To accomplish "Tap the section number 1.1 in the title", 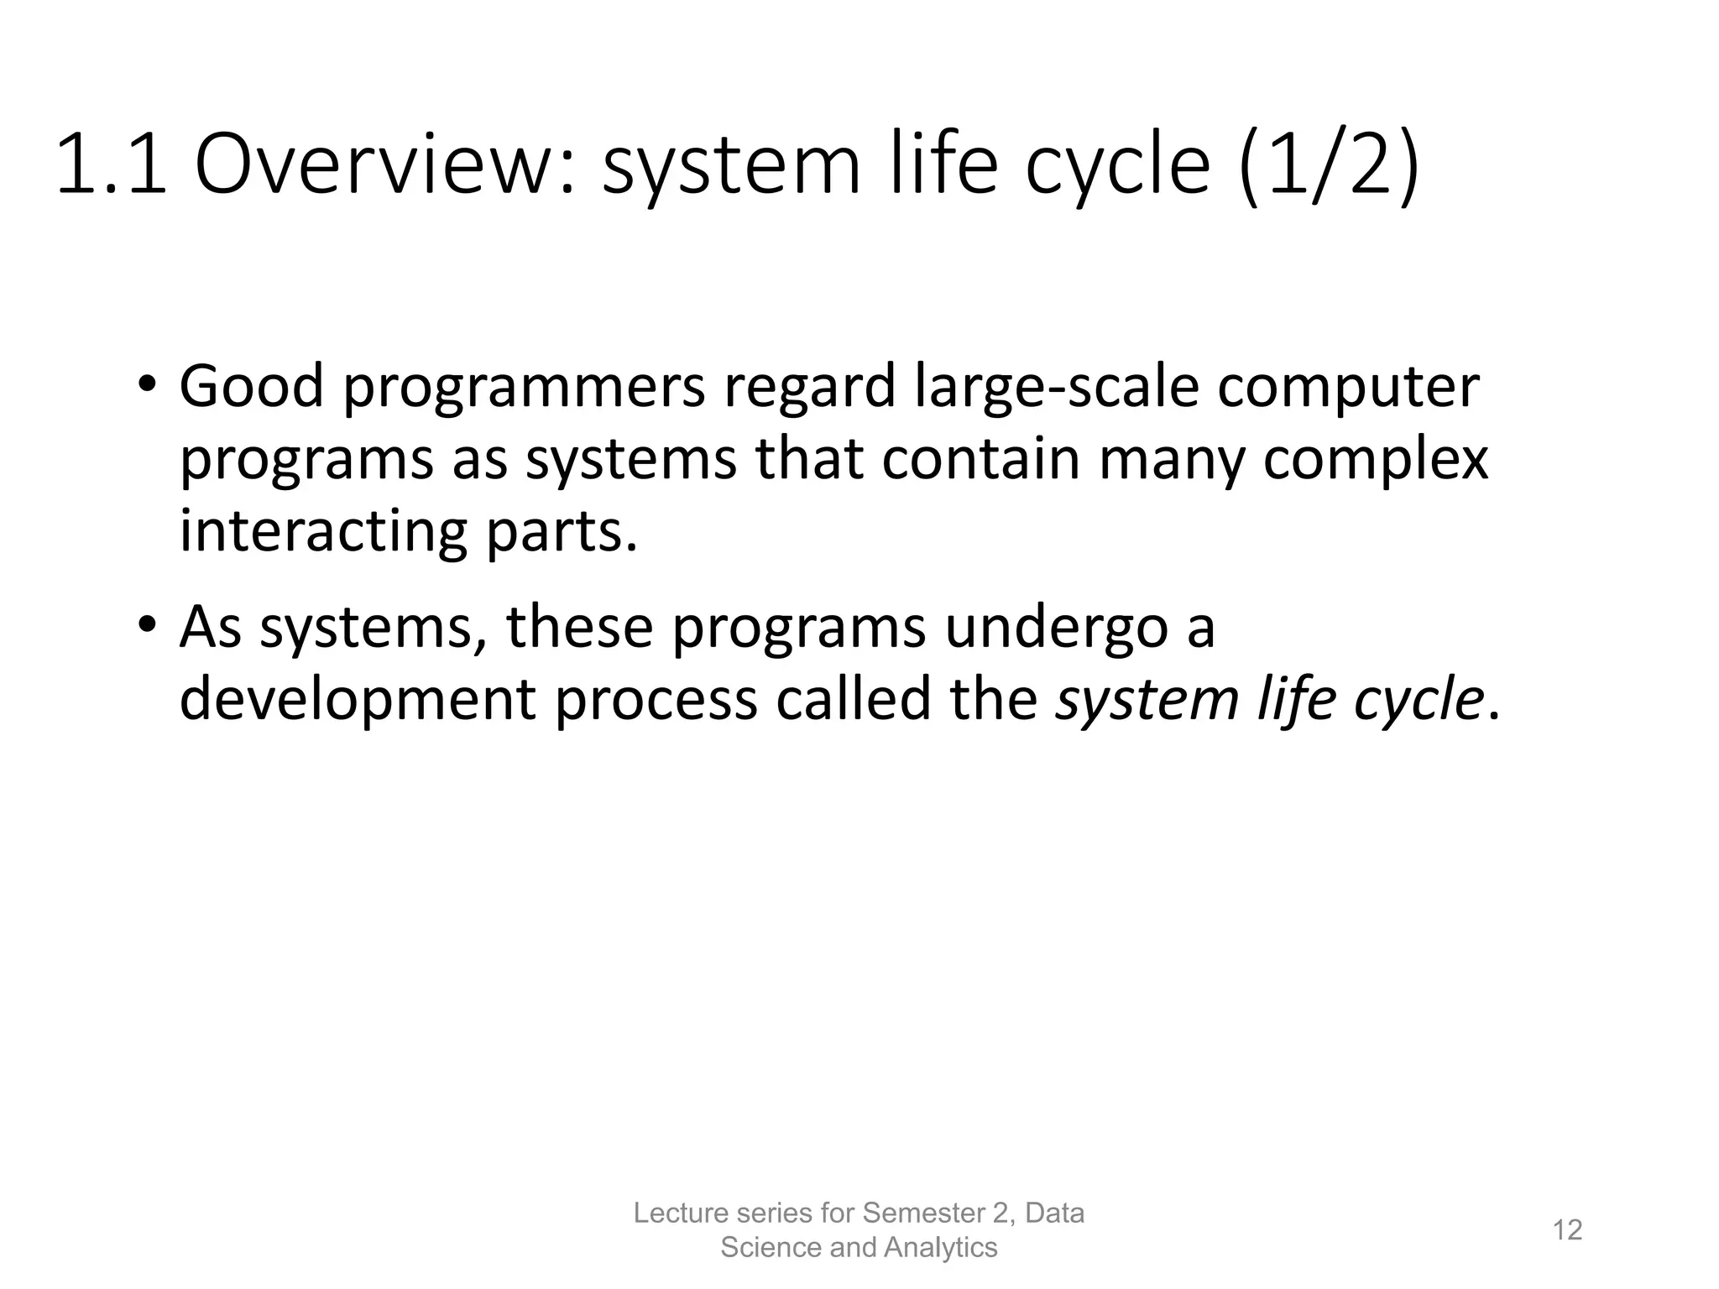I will pos(112,165).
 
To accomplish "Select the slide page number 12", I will pos(1567,1230).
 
